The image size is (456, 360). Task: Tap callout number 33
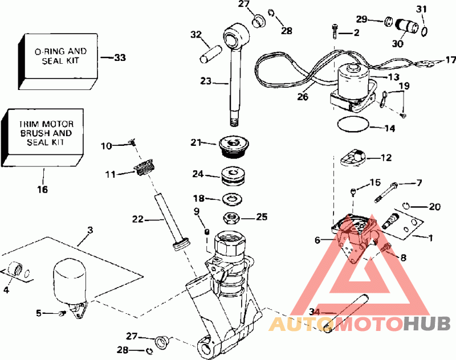[x=120, y=58]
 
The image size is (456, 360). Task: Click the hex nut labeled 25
[x=233, y=217]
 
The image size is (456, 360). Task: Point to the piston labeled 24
[x=233, y=175]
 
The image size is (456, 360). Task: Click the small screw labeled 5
[x=60, y=314]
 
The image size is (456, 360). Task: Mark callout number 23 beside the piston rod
[x=206, y=81]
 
